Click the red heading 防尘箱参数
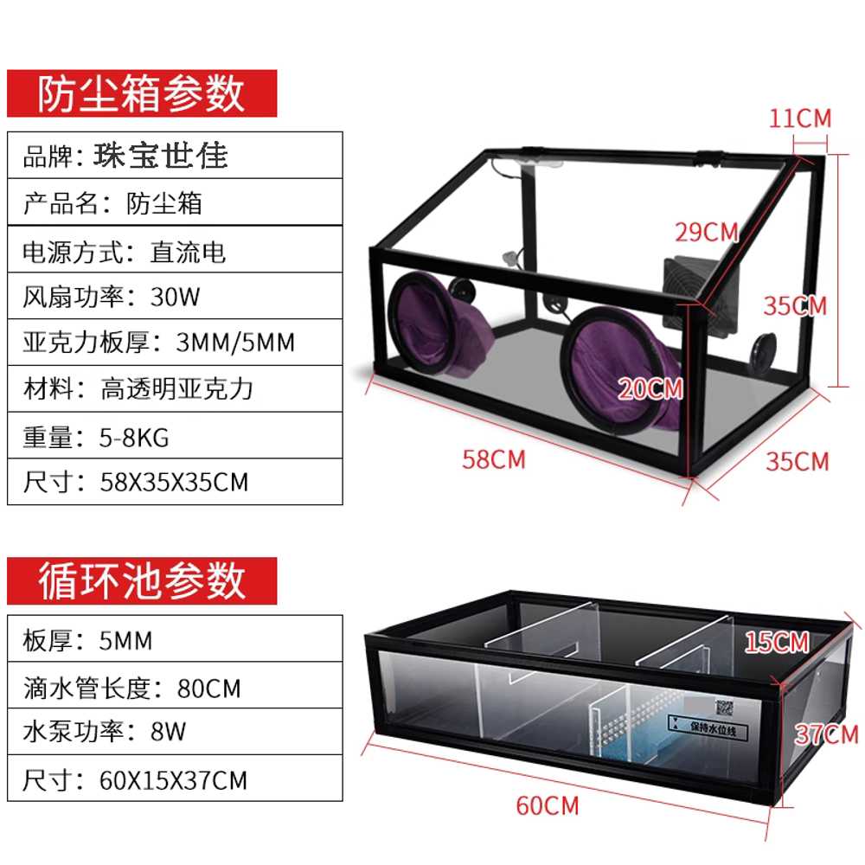(x=141, y=93)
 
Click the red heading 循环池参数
(x=141, y=581)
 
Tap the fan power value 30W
(x=175, y=297)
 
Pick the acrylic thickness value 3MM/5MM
(x=235, y=343)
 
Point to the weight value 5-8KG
(x=134, y=438)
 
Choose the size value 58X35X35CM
(x=174, y=482)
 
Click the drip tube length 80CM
(x=209, y=689)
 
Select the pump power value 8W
(x=169, y=732)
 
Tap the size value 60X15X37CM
(x=173, y=780)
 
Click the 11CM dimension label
(x=800, y=118)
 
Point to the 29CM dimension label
(x=707, y=232)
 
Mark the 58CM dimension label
(x=494, y=459)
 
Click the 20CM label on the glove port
(x=650, y=389)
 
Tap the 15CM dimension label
(x=777, y=642)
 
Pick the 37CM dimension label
(x=826, y=734)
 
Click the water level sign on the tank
(x=708, y=727)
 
